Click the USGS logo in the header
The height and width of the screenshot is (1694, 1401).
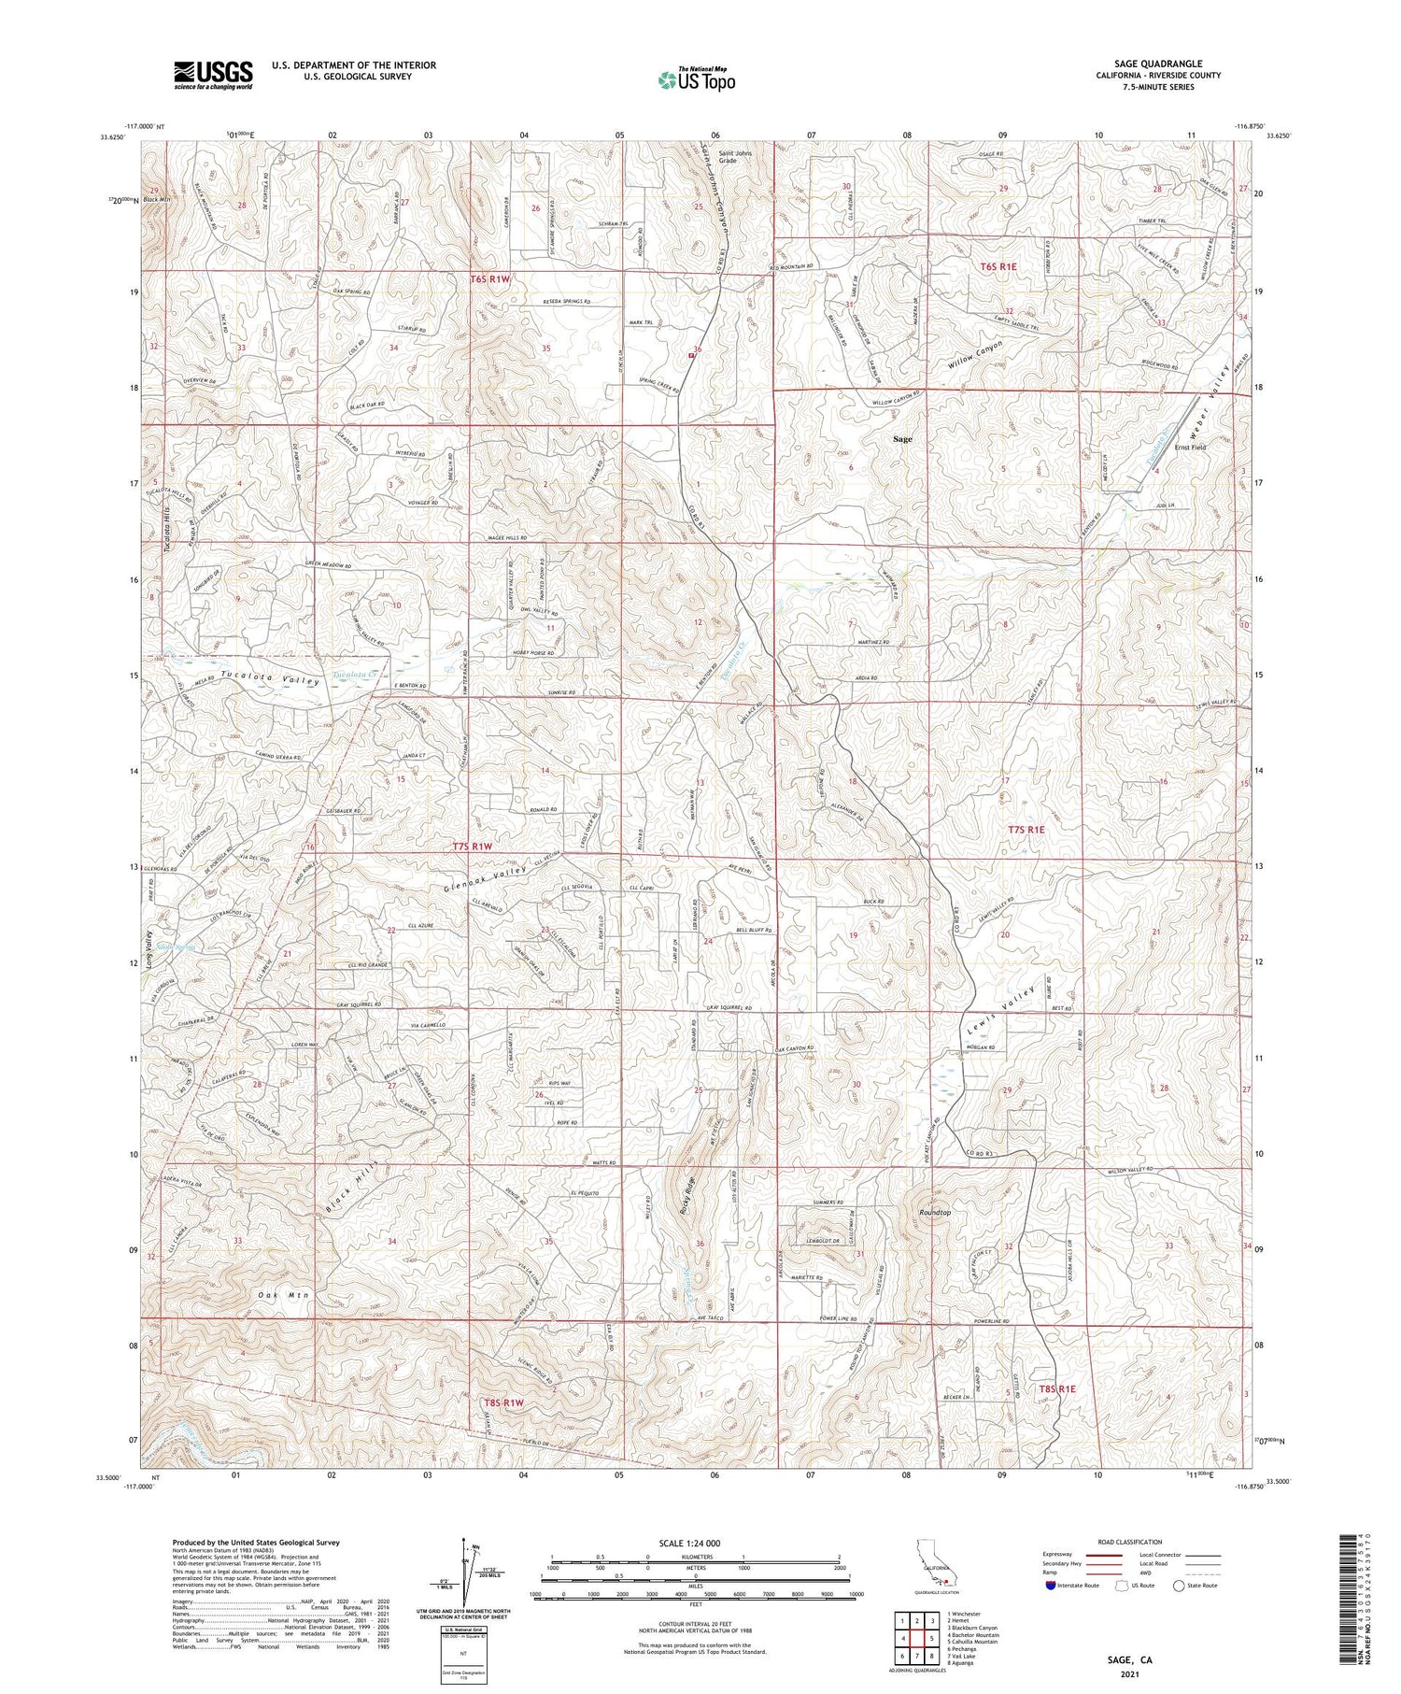(213, 76)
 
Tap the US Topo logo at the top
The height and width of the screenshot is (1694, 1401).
(696, 80)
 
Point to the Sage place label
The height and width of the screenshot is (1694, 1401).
(901, 438)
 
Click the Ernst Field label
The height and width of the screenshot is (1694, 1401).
(1190, 448)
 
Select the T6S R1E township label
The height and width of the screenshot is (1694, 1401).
(998, 267)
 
